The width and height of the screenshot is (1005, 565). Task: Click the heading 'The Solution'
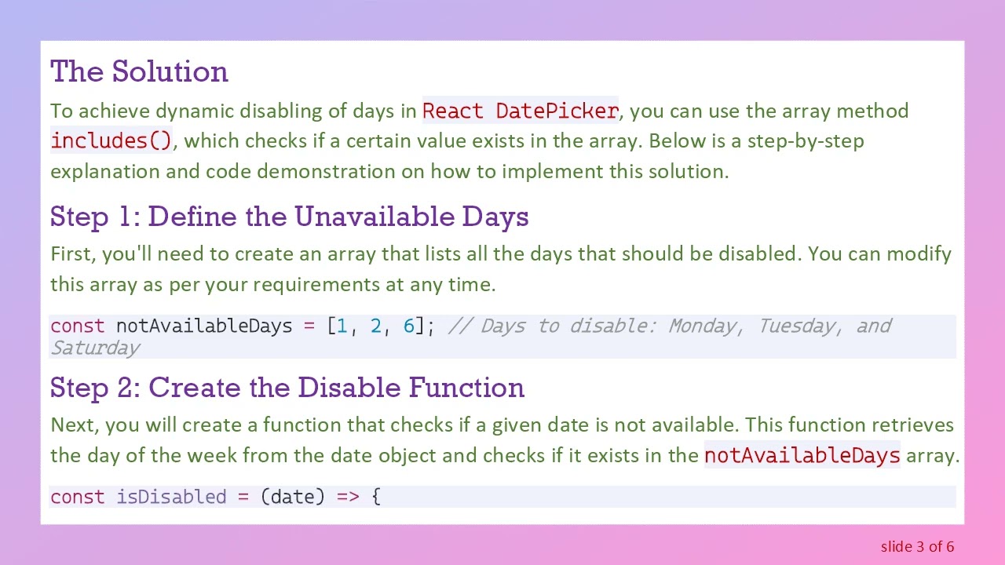pos(139,72)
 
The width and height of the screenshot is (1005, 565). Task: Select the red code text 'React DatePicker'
pos(521,111)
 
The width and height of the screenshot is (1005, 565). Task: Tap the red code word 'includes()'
pos(111,141)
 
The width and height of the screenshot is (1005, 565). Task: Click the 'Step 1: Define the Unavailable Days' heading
pos(289,217)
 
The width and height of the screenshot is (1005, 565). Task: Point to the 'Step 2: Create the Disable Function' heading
pos(287,388)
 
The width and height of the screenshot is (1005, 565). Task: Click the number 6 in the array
pos(408,326)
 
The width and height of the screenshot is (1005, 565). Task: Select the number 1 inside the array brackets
pos(342,326)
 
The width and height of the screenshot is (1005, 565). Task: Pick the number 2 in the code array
pos(375,326)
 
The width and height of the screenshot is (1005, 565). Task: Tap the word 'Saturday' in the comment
pos(95,348)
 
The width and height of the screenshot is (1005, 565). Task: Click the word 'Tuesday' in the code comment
pos(796,326)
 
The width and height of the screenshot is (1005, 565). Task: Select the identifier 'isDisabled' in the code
pos(171,498)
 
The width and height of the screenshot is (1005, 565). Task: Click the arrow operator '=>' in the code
pos(348,498)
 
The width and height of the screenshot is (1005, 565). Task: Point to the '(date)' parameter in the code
pos(292,498)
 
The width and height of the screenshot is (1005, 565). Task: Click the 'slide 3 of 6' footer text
pos(917,547)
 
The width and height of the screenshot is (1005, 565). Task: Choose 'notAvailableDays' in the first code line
pos(204,326)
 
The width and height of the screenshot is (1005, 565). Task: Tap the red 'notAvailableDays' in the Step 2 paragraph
pos(802,456)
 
